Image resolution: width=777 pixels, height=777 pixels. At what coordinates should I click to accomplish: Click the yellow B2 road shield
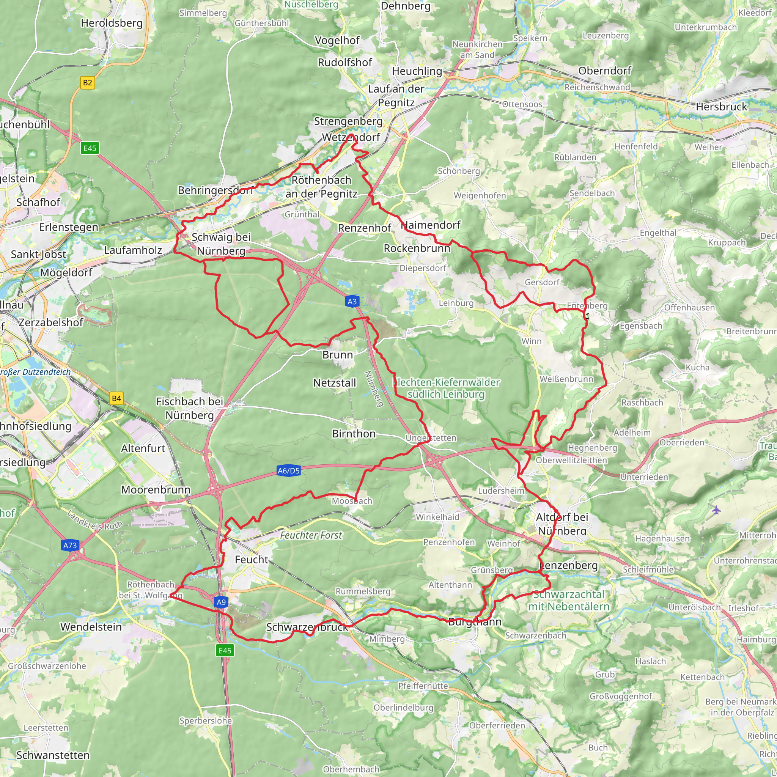[87, 83]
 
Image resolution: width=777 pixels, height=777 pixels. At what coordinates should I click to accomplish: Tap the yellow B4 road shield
[116, 399]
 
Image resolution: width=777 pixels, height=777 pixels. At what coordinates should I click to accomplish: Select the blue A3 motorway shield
[352, 302]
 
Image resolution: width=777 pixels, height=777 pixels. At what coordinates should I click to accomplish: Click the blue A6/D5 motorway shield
[289, 470]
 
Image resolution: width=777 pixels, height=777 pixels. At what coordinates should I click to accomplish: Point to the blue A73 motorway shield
[70, 545]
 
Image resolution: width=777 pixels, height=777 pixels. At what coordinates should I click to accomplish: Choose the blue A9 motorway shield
[221, 602]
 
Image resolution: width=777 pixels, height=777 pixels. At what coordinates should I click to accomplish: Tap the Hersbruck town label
[722, 107]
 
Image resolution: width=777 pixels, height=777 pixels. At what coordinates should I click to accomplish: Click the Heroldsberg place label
[112, 23]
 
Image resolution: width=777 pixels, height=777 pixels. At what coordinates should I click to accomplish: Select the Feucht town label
[252, 560]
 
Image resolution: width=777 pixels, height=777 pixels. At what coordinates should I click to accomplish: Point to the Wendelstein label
[91, 627]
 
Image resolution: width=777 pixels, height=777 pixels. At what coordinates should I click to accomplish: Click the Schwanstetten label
[53, 755]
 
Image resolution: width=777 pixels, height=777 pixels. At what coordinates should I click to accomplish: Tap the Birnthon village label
[354, 434]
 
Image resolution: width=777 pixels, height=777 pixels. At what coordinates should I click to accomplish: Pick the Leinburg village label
[456, 303]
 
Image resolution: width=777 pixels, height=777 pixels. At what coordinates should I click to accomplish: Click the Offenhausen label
[689, 308]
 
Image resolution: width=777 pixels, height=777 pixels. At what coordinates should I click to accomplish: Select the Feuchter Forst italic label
[311, 535]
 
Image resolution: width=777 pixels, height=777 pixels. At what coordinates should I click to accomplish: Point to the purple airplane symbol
[716, 510]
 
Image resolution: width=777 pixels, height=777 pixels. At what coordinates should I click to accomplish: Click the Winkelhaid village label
[437, 517]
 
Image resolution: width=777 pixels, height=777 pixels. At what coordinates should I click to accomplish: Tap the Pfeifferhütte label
[423, 686]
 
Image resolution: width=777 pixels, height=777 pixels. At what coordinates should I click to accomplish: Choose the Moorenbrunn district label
[156, 489]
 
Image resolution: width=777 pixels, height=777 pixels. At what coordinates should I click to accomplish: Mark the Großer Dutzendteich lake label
[35, 372]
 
